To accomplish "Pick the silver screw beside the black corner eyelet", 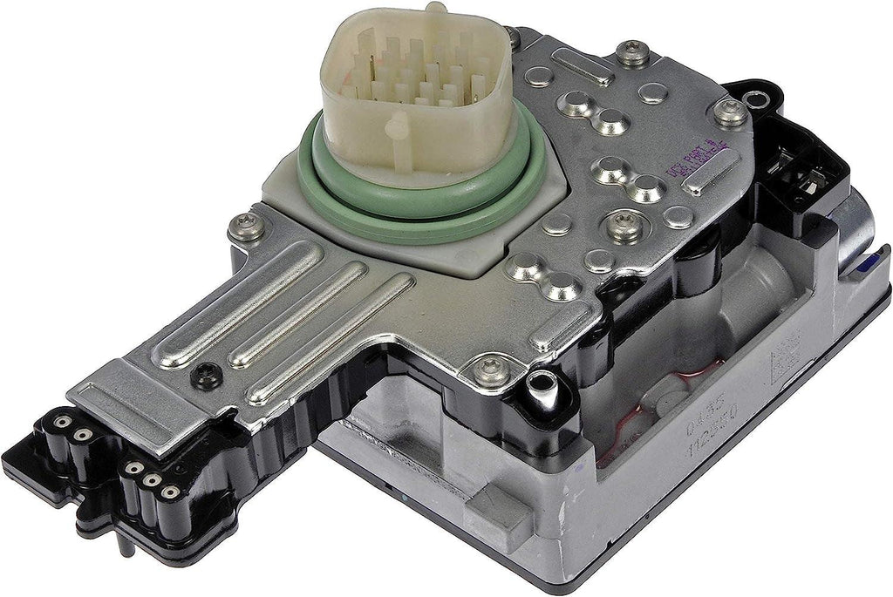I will tap(731, 112).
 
